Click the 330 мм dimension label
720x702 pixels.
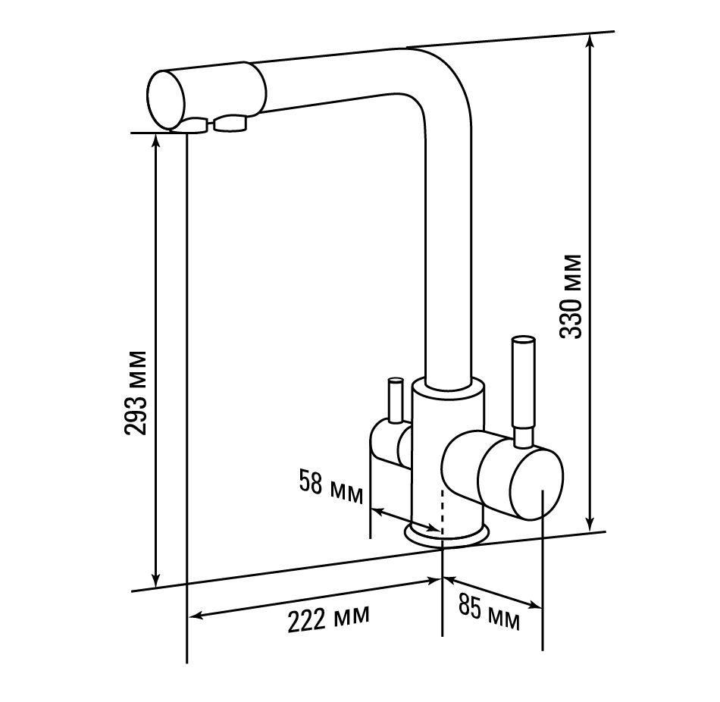pos(571,296)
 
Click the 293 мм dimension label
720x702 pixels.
pos(136,393)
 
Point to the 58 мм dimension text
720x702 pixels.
pos(331,487)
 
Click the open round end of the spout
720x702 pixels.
pos(166,100)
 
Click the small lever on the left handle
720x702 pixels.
pos(395,400)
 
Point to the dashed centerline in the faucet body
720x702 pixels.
pos(442,512)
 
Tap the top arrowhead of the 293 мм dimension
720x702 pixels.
pos(157,140)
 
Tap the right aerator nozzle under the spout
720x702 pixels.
pos(230,123)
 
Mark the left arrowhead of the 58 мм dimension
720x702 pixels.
pos(377,510)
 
